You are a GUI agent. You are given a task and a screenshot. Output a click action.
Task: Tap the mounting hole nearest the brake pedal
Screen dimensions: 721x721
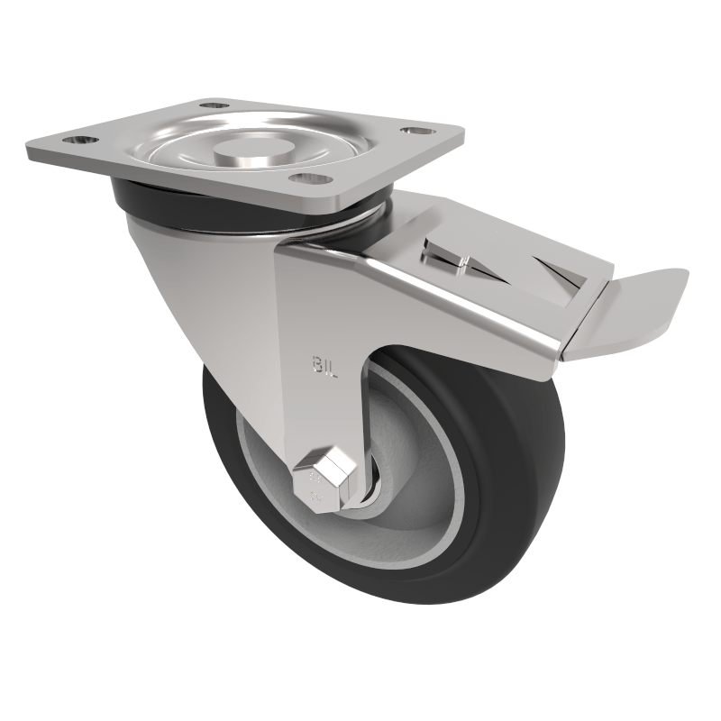click(x=415, y=132)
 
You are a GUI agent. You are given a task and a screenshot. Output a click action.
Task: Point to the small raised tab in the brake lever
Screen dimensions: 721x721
click(x=462, y=263)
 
